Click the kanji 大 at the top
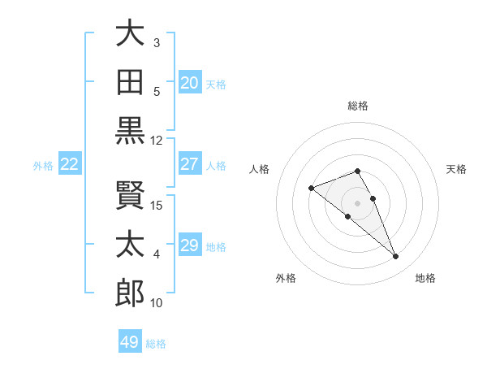(130, 35)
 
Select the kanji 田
(130, 82)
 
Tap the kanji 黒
(130, 130)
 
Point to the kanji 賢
(130, 196)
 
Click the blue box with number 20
(190, 83)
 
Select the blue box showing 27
(190, 164)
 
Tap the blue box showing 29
(190, 245)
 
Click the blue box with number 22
(70, 164)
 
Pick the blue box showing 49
(130, 342)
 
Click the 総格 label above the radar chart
(358, 106)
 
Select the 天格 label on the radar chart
(457, 169)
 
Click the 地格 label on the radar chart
(425, 278)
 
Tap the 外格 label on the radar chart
(286, 278)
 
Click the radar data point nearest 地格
(396, 257)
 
